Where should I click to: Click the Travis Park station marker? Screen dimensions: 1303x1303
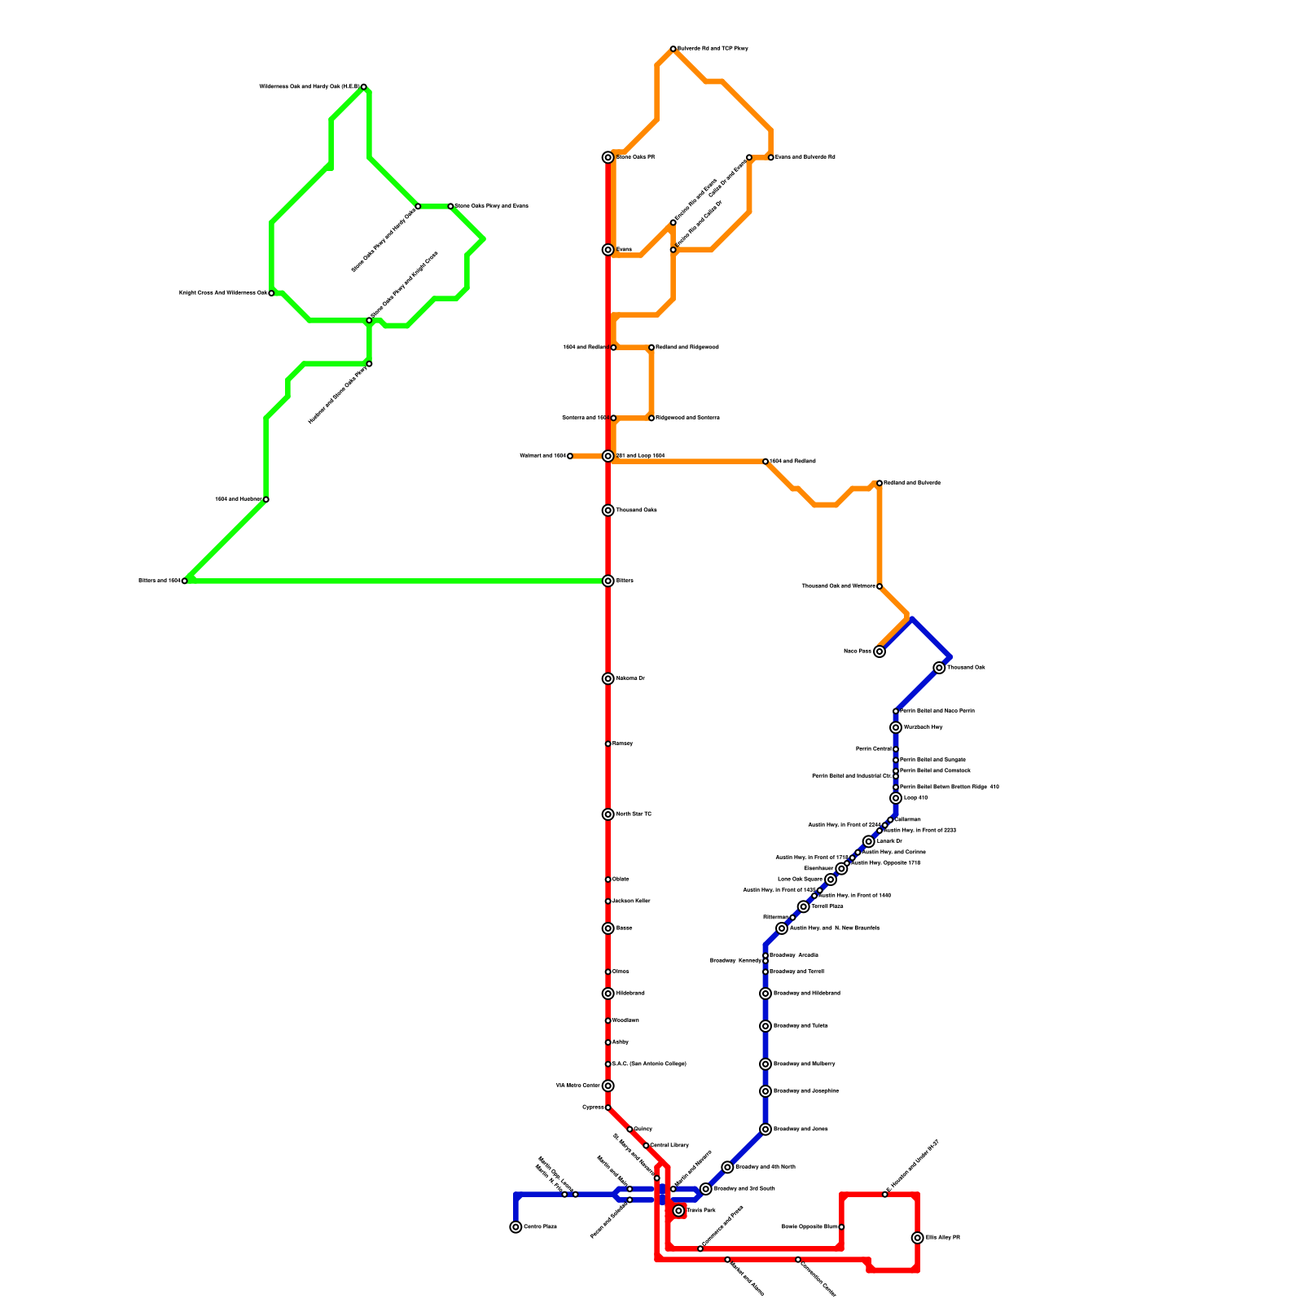[x=678, y=1211]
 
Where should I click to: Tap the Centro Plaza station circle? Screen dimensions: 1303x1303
[x=515, y=1227]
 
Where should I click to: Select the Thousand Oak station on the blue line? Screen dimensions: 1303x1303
[x=939, y=668]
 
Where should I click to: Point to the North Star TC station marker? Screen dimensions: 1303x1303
[x=608, y=814]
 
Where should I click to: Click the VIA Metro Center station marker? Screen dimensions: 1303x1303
[x=608, y=1086]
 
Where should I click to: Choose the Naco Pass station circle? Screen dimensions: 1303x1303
[x=880, y=651]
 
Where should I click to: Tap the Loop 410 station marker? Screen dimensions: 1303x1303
[x=896, y=798]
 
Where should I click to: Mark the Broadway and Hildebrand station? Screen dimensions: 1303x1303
[x=766, y=994]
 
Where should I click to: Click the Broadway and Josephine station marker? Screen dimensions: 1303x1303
[x=766, y=1091]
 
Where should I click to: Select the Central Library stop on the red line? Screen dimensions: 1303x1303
[x=646, y=1146]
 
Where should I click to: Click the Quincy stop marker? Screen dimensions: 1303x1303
[x=630, y=1130]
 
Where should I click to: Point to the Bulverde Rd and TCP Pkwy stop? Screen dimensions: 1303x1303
[x=673, y=49]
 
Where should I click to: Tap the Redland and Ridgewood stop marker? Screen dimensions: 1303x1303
[x=651, y=348]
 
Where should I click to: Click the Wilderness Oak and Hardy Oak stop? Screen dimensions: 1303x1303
[x=363, y=86]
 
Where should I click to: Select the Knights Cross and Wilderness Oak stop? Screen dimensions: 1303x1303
[x=271, y=293]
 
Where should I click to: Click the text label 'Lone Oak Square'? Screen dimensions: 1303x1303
[x=800, y=880]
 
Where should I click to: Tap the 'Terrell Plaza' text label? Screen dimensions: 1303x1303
[x=827, y=906]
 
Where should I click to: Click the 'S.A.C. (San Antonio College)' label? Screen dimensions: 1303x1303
[x=649, y=1064]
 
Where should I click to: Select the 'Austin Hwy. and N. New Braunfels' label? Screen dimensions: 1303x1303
[x=834, y=928]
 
